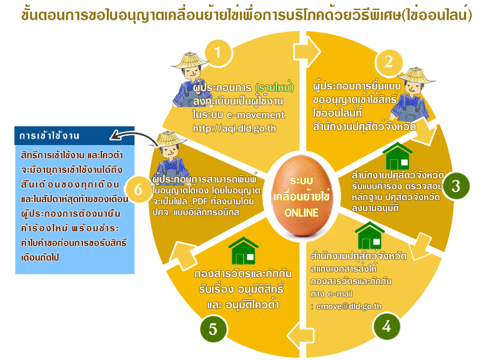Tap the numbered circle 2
pos(388,62)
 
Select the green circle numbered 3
pos(456,186)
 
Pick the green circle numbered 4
pos(386,327)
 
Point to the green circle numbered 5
pos(213,330)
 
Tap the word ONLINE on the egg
pos(301,213)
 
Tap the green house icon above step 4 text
pos(370,235)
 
